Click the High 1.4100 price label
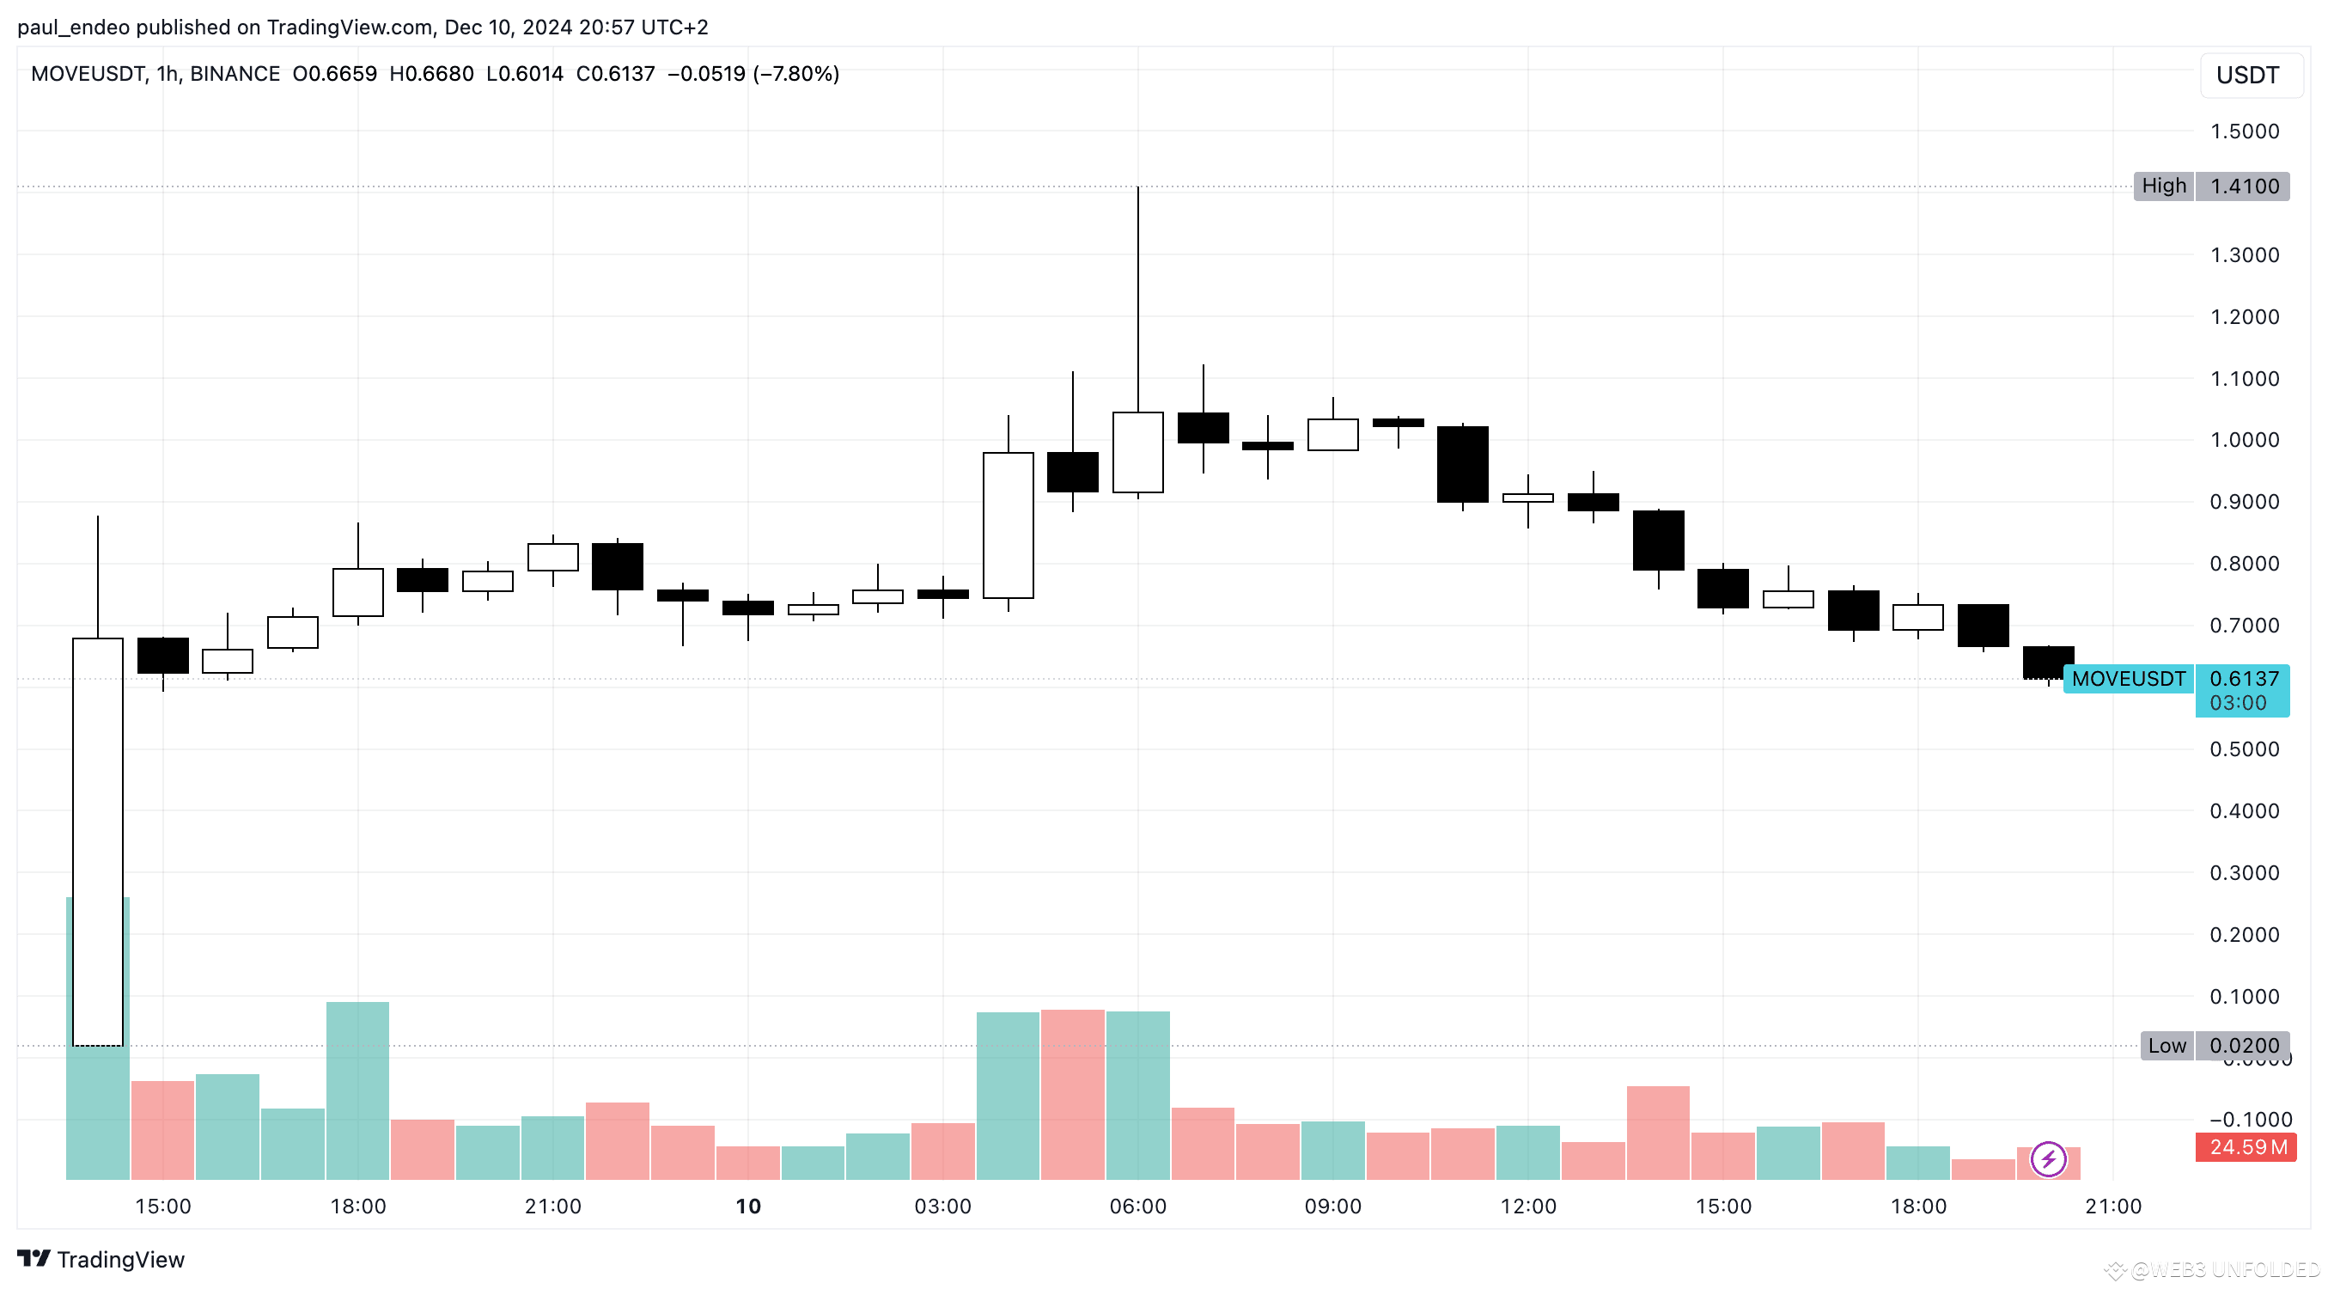(x=2210, y=186)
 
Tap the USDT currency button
(x=2246, y=75)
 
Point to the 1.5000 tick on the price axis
(x=2244, y=131)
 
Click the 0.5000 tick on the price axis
(x=2244, y=749)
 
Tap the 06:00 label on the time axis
(x=1137, y=1207)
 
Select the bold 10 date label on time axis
(x=748, y=1207)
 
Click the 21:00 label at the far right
(x=2113, y=1207)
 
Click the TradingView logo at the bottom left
(x=101, y=1259)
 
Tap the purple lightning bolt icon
(x=2048, y=1160)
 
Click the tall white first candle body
(x=98, y=840)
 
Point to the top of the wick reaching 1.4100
(x=1137, y=189)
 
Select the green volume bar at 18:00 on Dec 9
(x=358, y=1090)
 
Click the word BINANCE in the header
(x=235, y=74)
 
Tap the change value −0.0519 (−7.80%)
(x=753, y=74)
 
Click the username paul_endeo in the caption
(x=73, y=27)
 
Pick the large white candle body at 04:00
(x=1008, y=525)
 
